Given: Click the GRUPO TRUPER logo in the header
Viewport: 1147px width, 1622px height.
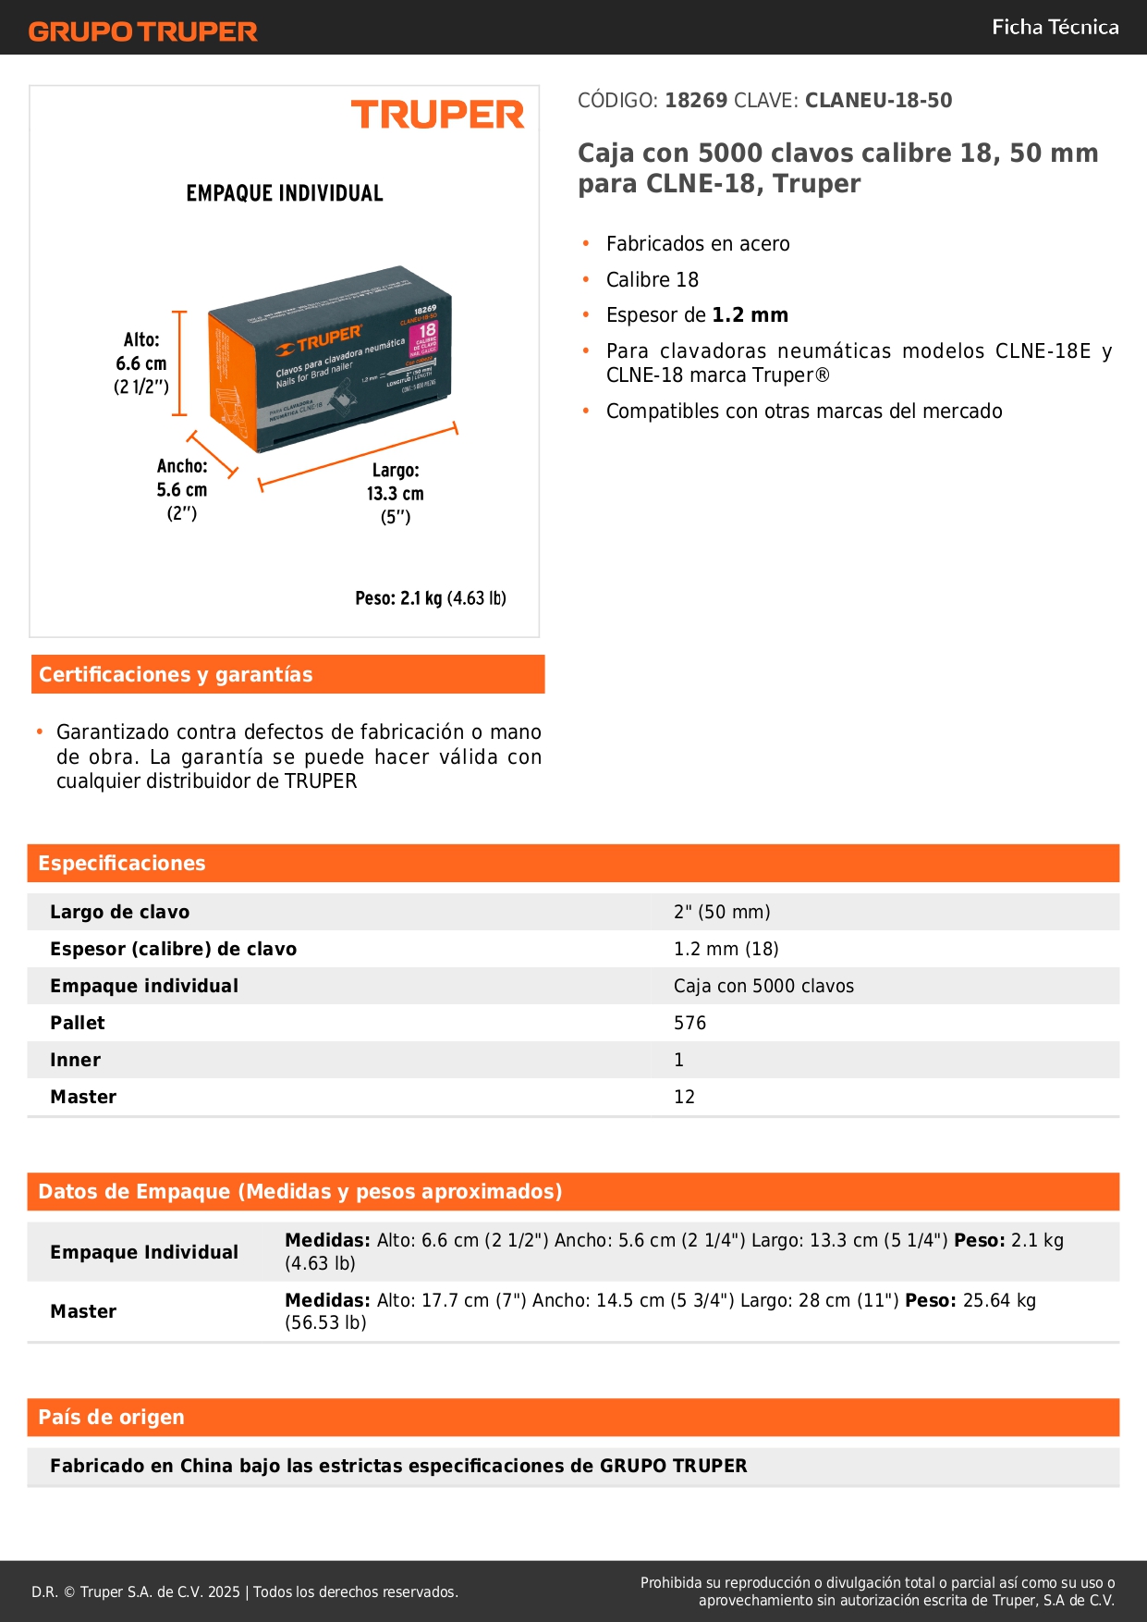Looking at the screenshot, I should [x=143, y=31].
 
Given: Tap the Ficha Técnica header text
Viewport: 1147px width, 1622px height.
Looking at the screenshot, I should [x=1055, y=28].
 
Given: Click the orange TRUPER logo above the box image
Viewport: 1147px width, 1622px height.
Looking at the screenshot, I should [x=437, y=115].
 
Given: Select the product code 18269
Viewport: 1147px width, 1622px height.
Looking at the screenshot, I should [x=696, y=101].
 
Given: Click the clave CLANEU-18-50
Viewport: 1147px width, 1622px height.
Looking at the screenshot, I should [x=878, y=101].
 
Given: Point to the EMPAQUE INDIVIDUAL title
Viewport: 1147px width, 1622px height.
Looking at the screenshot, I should [x=285, y=193].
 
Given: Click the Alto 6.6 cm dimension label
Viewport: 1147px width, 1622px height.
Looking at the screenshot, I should [x=141, y=363].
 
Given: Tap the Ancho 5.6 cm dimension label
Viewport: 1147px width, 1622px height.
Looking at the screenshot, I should [x=182, y=489].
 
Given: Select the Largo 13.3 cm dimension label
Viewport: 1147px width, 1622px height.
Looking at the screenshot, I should [x=396, y=493].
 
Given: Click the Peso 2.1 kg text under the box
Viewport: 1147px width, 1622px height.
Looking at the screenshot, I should [x=431, y=598].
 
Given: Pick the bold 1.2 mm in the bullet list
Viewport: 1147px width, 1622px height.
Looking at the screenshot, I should [x=750, y=315].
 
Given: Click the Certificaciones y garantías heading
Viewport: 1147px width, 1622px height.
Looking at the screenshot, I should [x=176, y=675].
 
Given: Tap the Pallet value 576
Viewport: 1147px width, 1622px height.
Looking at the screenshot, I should [x=689, y=1023].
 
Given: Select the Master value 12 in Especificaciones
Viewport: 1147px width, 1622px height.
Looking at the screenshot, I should [x=684, y=1097].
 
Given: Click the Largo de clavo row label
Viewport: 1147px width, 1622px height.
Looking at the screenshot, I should [x=119, y=912].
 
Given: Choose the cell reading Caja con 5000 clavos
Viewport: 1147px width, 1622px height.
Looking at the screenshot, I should [x=763, y=986].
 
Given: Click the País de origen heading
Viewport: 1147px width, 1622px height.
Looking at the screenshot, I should [x=111, y=1417].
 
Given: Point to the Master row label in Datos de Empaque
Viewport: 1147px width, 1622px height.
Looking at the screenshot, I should [x=83, y=1311].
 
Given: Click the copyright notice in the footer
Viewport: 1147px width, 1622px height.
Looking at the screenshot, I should [x=245, y=1591].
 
